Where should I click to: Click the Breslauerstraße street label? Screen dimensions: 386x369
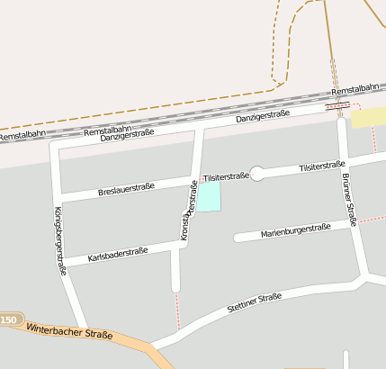127,189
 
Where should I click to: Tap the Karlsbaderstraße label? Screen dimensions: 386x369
118,256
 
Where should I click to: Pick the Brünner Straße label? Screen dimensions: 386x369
349,194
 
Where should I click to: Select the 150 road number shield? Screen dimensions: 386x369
8,320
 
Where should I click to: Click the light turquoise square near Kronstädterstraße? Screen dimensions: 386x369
209,197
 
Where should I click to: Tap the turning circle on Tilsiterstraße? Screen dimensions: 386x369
257,174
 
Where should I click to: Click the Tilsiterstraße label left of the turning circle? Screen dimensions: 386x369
226,176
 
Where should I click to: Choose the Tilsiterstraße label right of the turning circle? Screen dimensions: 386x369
322,166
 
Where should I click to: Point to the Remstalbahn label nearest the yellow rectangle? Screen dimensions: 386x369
355,89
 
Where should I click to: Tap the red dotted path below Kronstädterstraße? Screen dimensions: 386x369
176,309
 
